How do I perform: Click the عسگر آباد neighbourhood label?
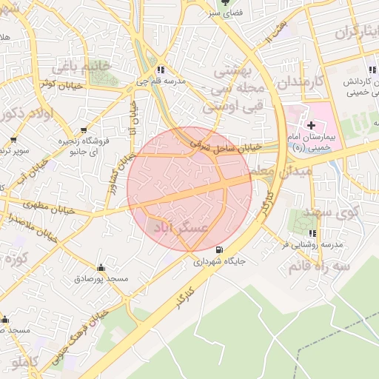pos(182,228)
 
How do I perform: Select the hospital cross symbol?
pos(311,127)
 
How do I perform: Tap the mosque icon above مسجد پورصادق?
pos(101,267)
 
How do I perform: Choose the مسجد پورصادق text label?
pos(101,279)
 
